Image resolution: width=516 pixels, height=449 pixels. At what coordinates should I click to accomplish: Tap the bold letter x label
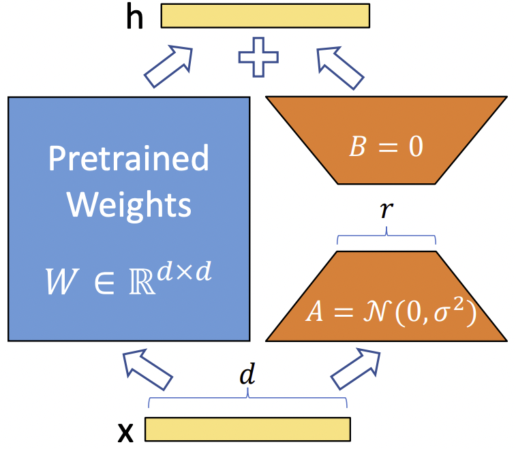[x=125, y=433]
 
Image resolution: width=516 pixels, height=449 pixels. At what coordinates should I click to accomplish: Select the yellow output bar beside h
[x=265, y=16]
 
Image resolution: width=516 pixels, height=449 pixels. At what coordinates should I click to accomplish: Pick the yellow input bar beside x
[x=248, y=429]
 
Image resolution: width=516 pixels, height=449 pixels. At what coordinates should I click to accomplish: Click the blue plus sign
[x=258, y=57]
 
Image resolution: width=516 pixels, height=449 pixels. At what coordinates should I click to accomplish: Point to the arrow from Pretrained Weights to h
[x=168, y=67]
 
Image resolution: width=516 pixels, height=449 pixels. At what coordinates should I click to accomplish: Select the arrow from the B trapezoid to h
[x=340, y=68]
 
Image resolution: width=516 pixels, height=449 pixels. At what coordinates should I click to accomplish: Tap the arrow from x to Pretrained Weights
[x=147, y=370]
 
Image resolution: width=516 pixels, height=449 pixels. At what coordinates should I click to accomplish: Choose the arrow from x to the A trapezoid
[x=356, y=369]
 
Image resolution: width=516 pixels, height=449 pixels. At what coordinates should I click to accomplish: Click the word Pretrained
[x=129, y=158]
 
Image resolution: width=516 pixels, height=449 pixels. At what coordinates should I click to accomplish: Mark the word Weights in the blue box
[x=129, y=205]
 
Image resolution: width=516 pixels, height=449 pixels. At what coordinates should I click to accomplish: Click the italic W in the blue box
[x=62, y=281]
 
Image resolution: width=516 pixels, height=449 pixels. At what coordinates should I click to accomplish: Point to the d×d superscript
[x=184, y=272]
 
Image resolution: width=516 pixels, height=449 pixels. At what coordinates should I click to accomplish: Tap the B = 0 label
[x=386, y=146]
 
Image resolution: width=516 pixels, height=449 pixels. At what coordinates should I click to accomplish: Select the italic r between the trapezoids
[x=386, y=210]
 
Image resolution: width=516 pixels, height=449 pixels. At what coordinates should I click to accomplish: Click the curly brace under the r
[x=386, y=235]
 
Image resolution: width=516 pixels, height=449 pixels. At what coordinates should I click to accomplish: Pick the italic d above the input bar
[x=247, y=374]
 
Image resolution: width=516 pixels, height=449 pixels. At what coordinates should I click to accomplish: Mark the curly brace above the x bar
[x=247, y=397]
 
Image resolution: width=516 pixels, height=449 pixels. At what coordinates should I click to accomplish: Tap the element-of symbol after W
[x=104, y=283]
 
